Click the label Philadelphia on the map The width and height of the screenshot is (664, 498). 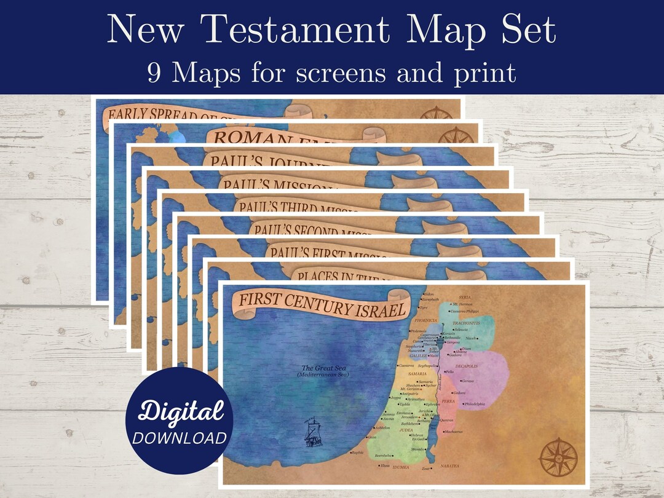(x=475, y=404)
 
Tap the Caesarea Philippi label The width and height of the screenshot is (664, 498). (x=464, y=312)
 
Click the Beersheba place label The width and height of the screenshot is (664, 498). (x=384, y=456)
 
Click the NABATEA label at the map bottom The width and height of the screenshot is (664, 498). (x=449, y=466)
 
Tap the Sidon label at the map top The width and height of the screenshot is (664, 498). (x=429, y=294)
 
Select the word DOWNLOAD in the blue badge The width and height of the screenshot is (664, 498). (x=180, y=438)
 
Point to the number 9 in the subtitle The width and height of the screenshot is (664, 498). (x=155, y=73)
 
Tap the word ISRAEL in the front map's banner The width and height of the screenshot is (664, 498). (x=381, y=310)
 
